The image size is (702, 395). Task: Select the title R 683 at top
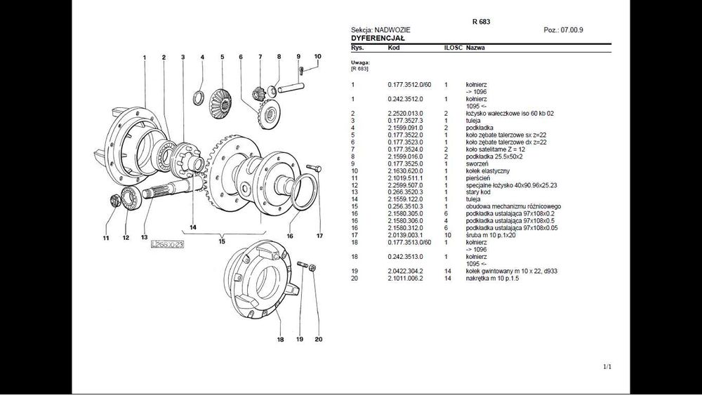pyautogui.click(x=481, y=22)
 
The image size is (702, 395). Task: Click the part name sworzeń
pyautogui.click(x=478, y=164)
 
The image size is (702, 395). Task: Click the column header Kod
pyautogui.click(x=394, y=48)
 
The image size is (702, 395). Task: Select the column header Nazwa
pyautogui.click(x=475, y=48)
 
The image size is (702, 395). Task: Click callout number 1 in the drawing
pyautogui.click(x=144, y=57)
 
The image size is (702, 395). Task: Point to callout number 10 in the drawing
pyautogui.click(x=317, y=56)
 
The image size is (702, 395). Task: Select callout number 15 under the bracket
pyautogui.click(x=222, y=242)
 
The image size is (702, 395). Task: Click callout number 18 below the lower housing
pyautogui.click(x=279, y=340)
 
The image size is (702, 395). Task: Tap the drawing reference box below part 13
pyautogui.click(x=166, y=244)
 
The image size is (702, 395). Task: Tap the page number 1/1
pyautogui.click(x=607, y=367)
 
